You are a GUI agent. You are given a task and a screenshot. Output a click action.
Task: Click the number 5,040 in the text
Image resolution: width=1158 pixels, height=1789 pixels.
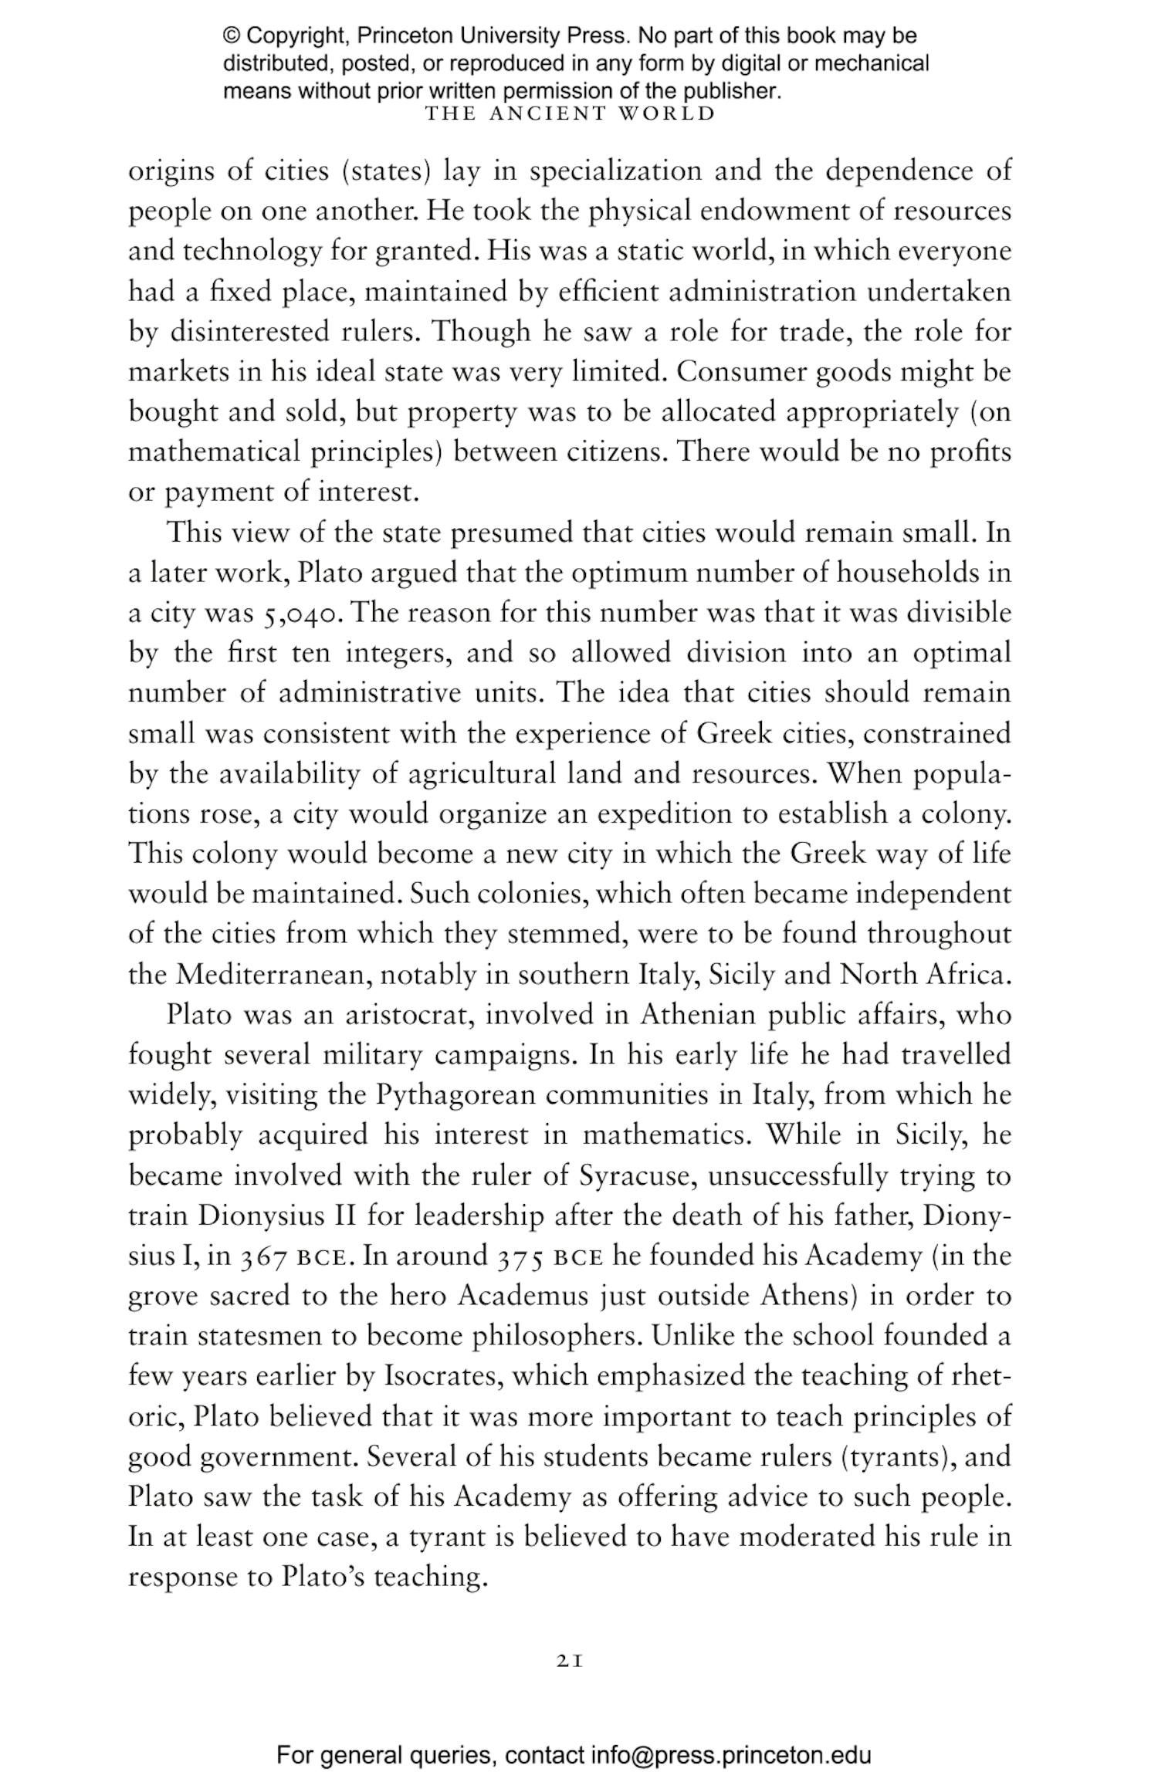(300, 614)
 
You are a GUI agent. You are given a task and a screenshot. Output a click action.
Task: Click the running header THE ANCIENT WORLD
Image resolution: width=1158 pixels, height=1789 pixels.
(571, 113)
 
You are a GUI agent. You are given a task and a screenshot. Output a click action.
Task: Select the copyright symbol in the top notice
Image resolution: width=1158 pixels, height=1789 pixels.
(231, 36)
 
